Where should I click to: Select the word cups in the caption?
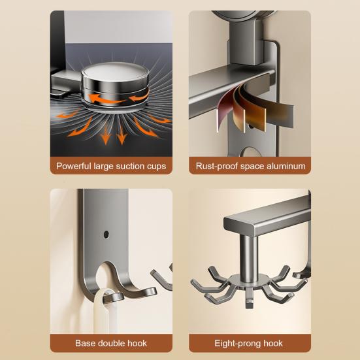pyautogui.click(x=156, y=167)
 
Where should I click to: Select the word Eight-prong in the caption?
pyautogui.click(x=238, y=344)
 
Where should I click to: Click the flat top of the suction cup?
pyautogui.click(x=115, y=71)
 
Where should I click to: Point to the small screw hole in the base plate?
pyautogui.click(x=106, y=235)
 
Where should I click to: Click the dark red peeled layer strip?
pyautogui.click(x=226, y=108)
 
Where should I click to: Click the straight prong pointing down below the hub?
pyautogui.click(x=249, y=299)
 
